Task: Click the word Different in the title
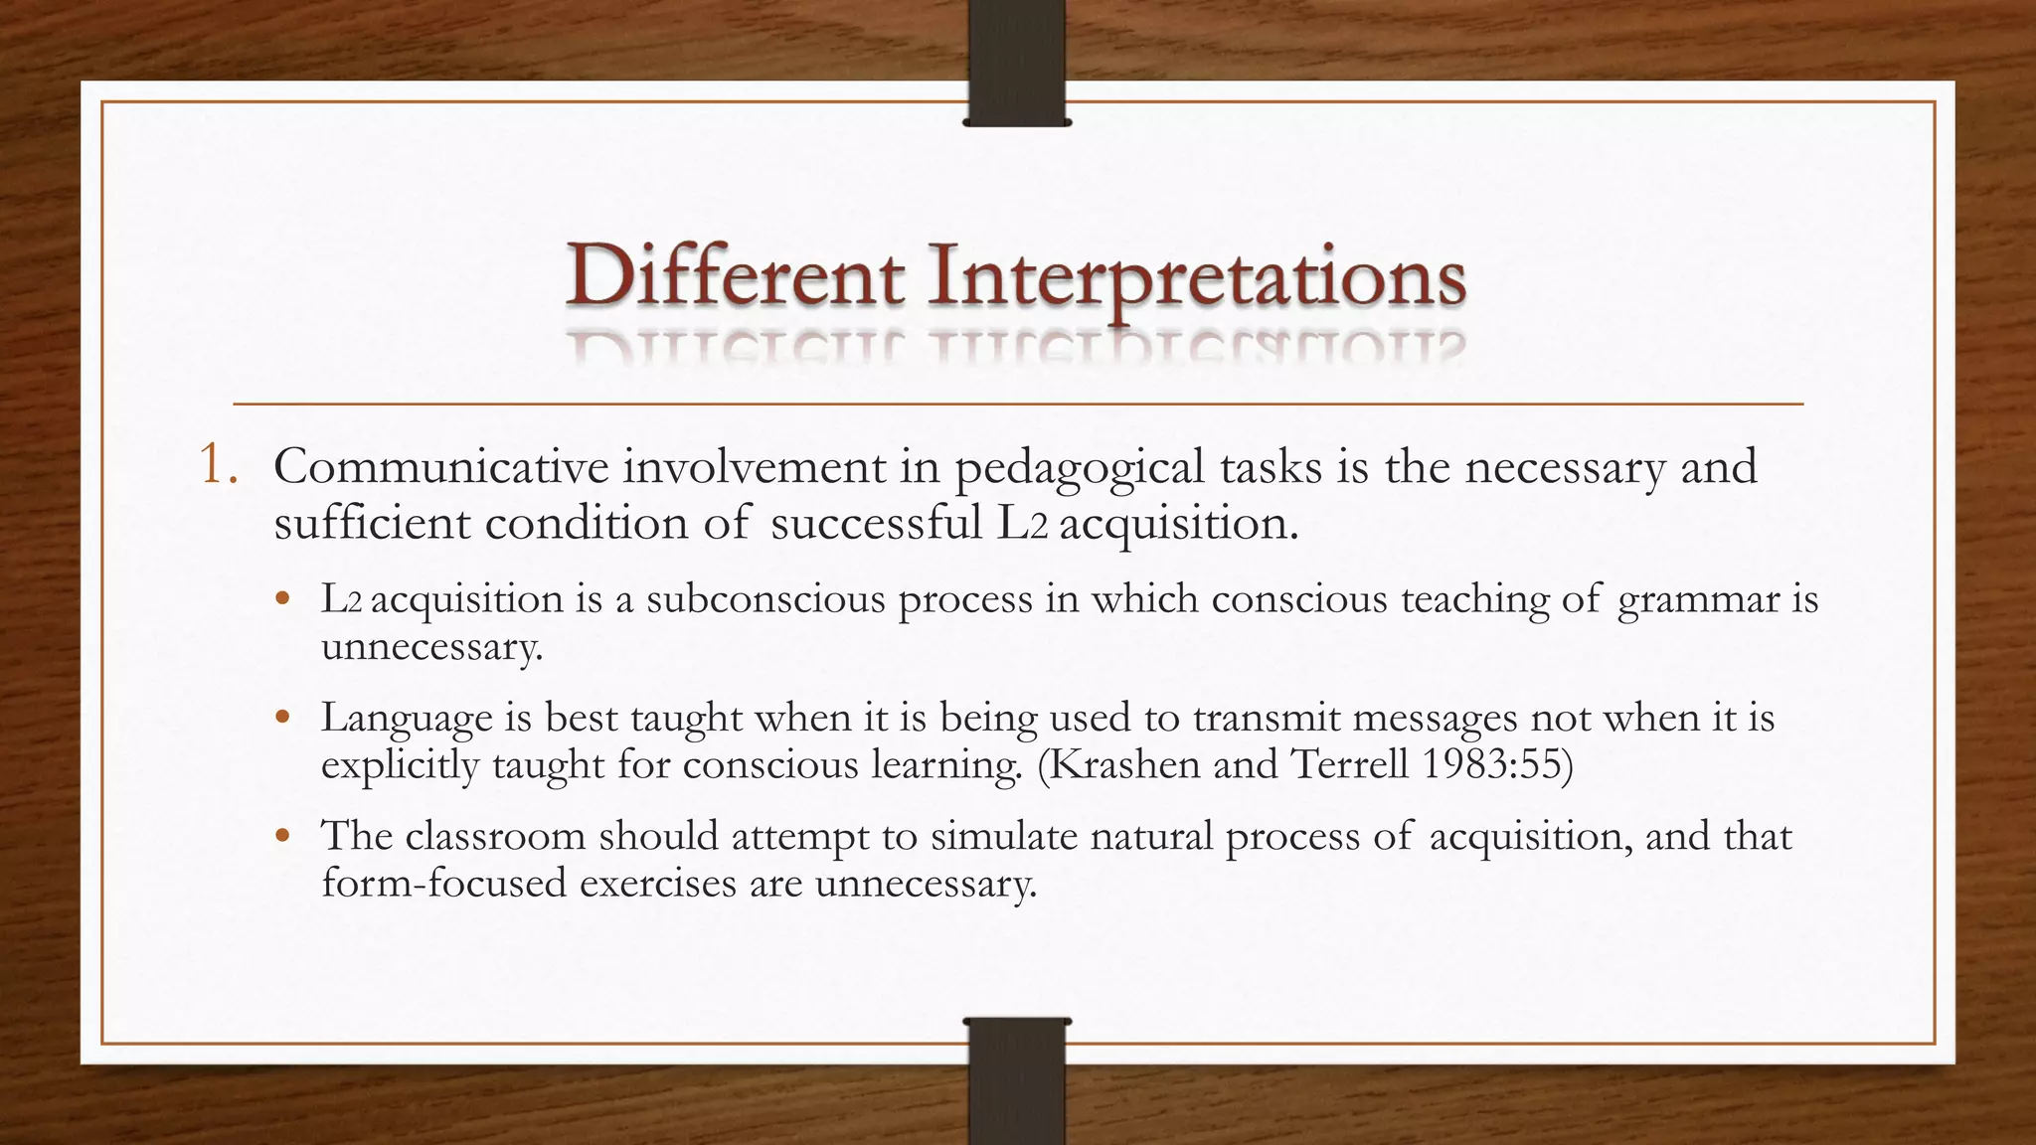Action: click(x=736, y=276)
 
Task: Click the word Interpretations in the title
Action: click(x=1197, y=276)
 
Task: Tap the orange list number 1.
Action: click(x=217, y=465)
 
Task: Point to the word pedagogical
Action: click(x=1080, y=468)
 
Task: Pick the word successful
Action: click(x=876, y=523)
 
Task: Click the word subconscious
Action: click(x=765, y=598)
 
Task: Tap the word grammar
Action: click(x=1698, y=600)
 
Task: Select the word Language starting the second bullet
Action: click(x=406, y=719)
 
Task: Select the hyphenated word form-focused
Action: click(x=443, y=883)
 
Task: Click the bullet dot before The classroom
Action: click(x=283, y=835)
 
